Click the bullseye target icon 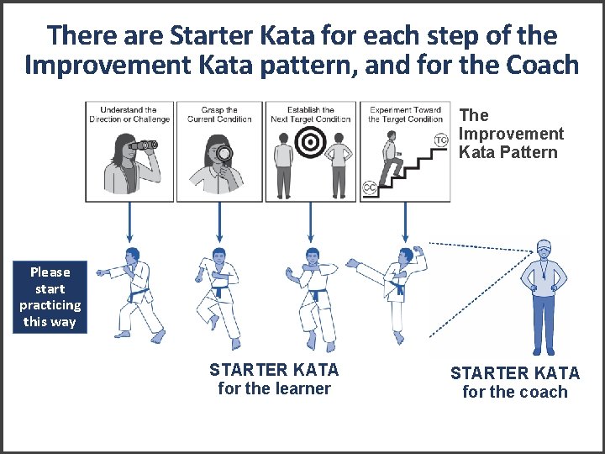click(311, 145)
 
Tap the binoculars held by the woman click(143, 145)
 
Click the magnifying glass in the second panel click(224, 154)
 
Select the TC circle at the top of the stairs click(439, 140)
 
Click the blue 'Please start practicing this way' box click(50, 297)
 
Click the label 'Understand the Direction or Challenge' click(129, 114)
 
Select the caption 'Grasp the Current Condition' click(220, 114)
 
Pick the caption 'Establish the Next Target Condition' click(311, 114)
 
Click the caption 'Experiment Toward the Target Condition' click(405, 114)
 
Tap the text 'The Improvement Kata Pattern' click(511, 134)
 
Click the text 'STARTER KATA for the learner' click(274, 378)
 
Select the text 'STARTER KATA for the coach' click(515, 383)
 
